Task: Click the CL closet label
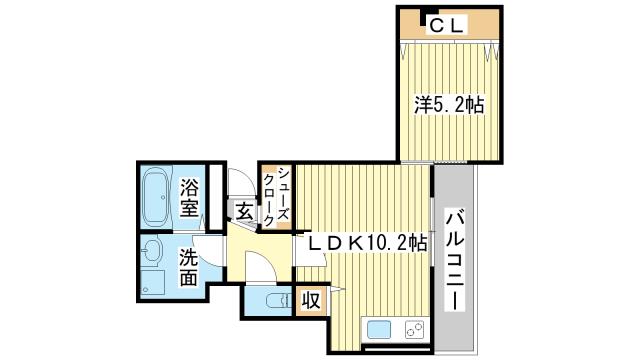click(x=447, y=26)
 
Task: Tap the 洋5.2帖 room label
click(x=449, y=105)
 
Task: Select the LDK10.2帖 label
click(x=367, y=244)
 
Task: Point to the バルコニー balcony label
click(x=455, y=261)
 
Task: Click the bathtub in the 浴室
click(x=155, y=197)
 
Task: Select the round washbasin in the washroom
click(x=152, y=250)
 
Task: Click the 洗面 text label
click(x=189, y=267)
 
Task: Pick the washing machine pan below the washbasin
click(x=153, y=283)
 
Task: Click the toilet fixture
click(x=279, y=301)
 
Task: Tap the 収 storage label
click(x=311, y=301)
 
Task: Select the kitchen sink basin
click(x=379, y=330)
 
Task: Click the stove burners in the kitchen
click(x=415, y=330)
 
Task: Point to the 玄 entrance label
click(x=244, y=212)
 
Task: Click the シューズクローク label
click(x=277, y=197)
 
